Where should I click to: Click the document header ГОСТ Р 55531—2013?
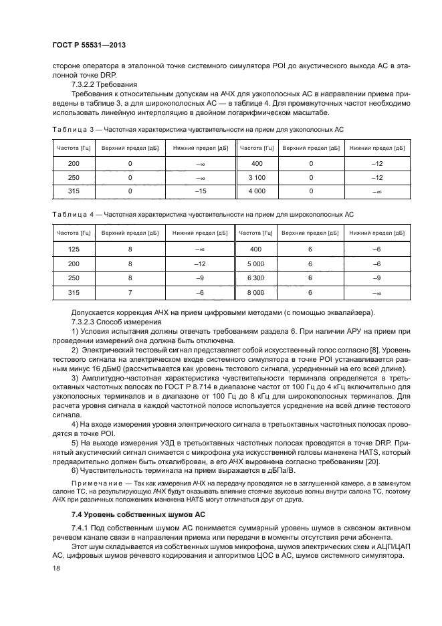(88, 44)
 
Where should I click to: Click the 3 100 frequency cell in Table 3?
(258, 177)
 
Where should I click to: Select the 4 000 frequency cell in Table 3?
(258, 192)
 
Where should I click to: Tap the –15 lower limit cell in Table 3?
(200, 192)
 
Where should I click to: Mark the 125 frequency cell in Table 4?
(74, 249)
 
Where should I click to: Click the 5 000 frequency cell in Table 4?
(257, 264)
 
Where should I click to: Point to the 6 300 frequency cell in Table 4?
(257, 278)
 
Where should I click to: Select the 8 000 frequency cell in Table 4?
(257, 292)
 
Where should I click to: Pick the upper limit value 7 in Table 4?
(130, 292)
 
